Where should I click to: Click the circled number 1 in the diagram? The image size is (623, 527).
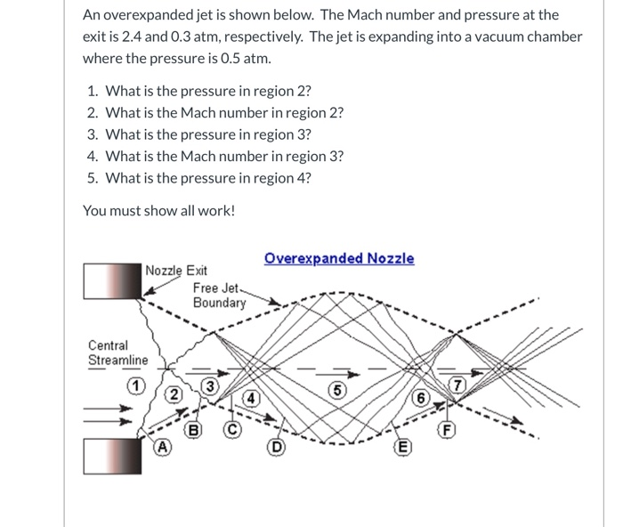(x=133, y=385)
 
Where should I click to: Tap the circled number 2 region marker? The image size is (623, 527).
(x=175, y=394)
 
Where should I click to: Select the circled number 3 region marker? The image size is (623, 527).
(x=209, y=385)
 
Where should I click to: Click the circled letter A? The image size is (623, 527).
(x=162, y=448)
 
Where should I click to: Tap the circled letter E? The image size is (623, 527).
(x=401, y=447)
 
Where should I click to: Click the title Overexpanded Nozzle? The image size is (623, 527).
(x=339, y=258)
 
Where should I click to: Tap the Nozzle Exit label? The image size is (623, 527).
(x=175, y=271)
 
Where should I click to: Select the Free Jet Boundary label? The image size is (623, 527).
(x=219, y=296)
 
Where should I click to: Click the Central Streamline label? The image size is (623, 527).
(x=109, y=353)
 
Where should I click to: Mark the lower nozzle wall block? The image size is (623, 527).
(x=112, y=457)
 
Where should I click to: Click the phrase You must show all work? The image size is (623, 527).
(x=158, y=211)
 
